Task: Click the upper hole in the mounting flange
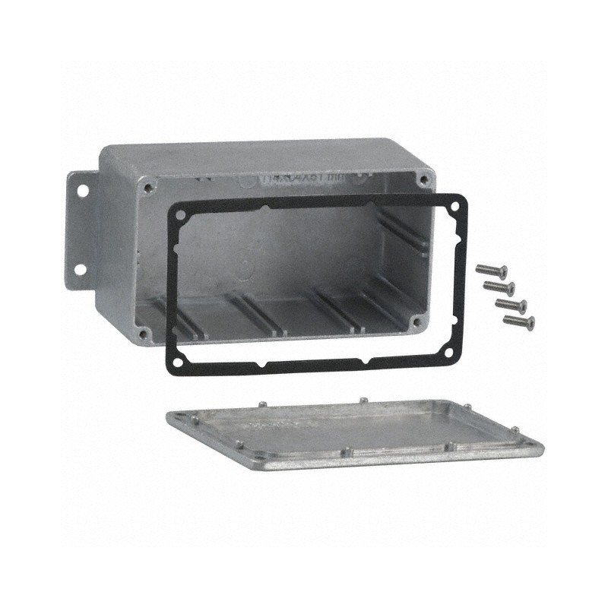(82, 183)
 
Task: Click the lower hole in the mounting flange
(80, 269)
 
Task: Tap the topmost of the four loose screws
(491, 270)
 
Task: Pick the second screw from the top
(499, 287)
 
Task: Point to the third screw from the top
(511, 305)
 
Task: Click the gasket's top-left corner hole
(180, 214)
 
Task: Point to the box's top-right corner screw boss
(423, 180)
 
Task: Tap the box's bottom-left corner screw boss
(143, 332)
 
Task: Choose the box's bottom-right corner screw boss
(414, 322)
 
